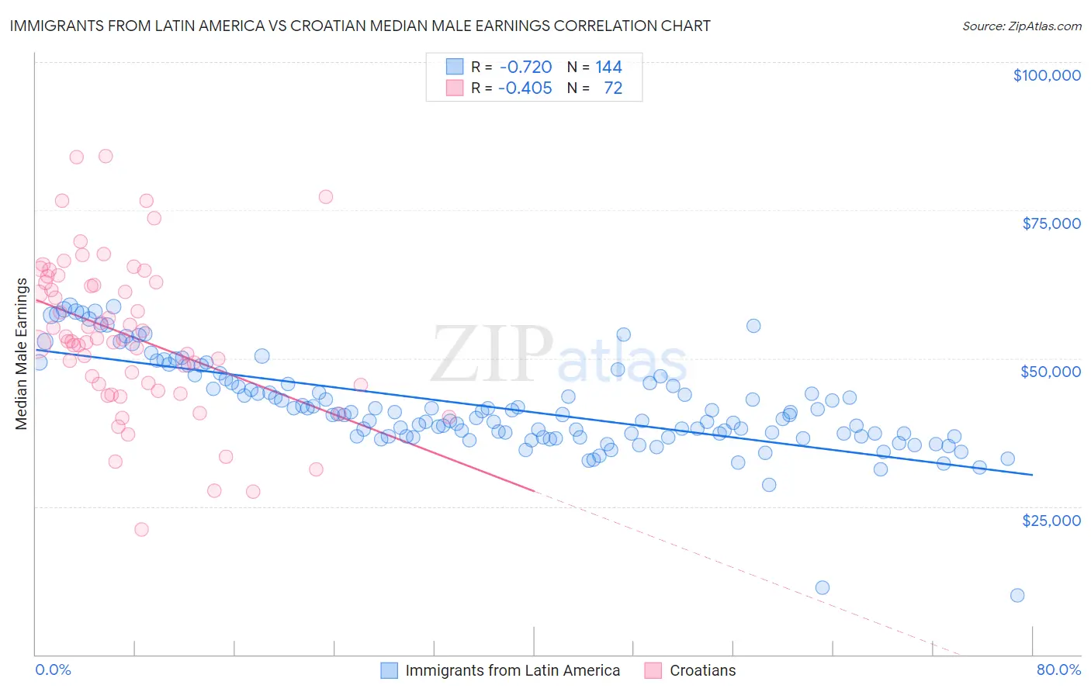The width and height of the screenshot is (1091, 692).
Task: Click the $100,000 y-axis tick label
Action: click(1046, 75)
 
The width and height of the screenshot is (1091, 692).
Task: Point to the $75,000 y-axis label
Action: click(1051, 223)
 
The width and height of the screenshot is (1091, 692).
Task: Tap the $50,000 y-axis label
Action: click(1050, 372)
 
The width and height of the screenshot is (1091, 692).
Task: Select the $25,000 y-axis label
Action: click(1051, 520)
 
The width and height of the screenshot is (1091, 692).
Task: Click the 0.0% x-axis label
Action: click(53, 670)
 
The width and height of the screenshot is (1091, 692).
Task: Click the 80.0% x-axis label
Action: click(1058, 670)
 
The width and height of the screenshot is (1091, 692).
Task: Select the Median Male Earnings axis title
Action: click(21, 354)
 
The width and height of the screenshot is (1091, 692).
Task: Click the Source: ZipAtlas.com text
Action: click(1021, 26)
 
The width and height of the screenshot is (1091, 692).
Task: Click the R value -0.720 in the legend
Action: click(525, 67)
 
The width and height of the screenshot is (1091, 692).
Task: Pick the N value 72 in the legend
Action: click(613, 88)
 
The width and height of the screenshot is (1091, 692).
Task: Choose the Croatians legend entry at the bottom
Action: click(701, 670)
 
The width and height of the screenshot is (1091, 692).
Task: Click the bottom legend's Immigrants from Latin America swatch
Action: click(389, 670)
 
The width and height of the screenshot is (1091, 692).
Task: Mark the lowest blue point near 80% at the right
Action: click(1017, 595)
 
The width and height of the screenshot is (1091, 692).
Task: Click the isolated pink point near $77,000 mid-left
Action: click(326, 197)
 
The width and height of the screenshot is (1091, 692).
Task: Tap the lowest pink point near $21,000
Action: click(141, 529)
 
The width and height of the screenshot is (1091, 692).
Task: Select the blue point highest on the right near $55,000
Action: click(753, 326)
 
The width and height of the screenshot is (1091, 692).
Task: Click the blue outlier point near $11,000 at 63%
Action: click(823, 587)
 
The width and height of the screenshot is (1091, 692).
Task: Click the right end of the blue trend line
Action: click(1032, 474)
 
